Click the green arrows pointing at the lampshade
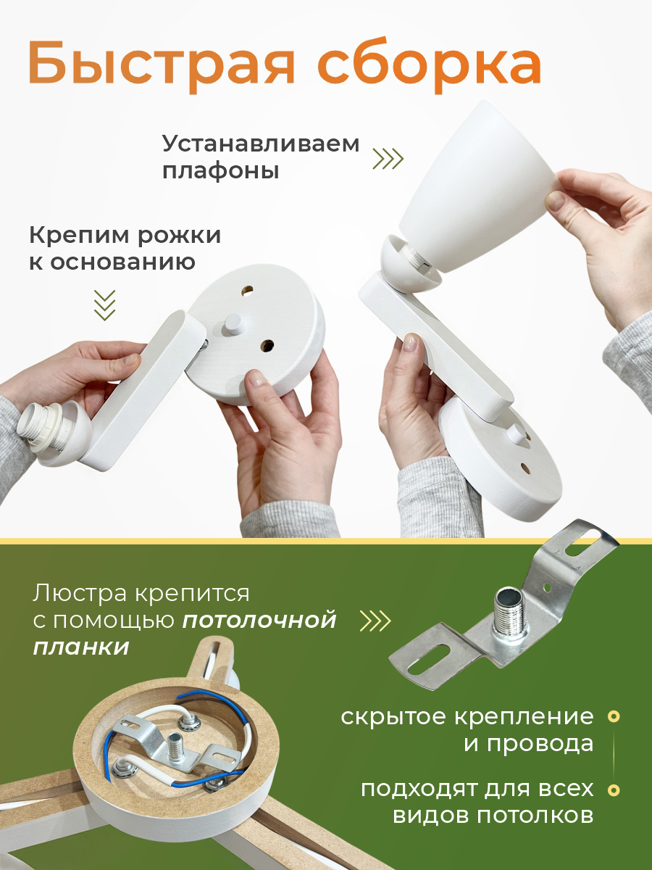(388, 159)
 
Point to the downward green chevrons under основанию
(105, 305)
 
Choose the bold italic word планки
(81, 647)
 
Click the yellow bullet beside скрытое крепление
(614, 716)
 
